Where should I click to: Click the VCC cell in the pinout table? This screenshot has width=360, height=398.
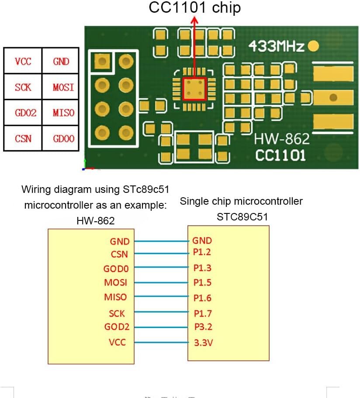pos(23,61)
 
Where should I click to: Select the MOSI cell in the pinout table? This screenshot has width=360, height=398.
pos(63,87)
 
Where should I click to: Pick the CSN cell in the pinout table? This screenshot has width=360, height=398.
pos(23,139)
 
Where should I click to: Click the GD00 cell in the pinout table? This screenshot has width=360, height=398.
pos(63,139)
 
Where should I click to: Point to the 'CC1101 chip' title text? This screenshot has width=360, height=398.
pos(194,8)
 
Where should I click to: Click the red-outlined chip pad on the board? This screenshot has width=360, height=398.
pos(194,89)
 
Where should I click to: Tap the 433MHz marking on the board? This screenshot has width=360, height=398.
pos(276,46)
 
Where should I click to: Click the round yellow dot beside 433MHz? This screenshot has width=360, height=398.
pos(313,46)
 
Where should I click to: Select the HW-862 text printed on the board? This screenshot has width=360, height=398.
pos(282,140)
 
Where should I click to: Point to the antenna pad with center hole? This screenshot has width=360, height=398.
pos(333,97)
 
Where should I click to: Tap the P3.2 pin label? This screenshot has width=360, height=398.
pos(202,327)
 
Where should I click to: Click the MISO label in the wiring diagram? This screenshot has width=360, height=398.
pos(115,297)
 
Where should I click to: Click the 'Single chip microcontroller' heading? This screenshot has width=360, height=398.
pos(241,201)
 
